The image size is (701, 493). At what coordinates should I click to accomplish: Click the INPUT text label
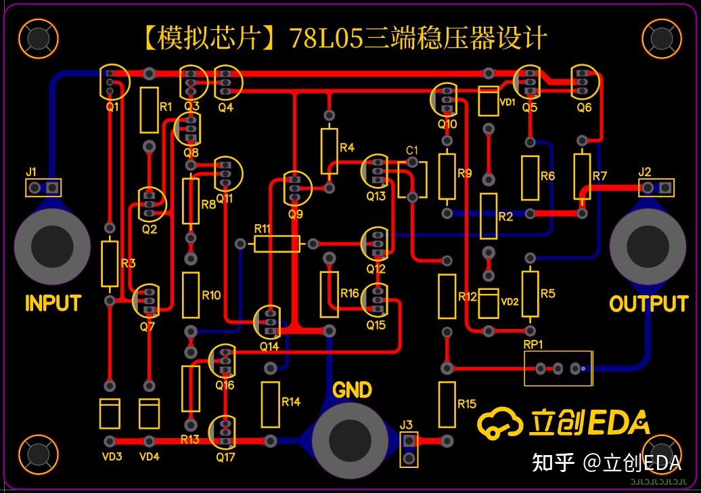coord(53,303)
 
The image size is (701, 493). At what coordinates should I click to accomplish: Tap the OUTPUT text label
coord(648,304)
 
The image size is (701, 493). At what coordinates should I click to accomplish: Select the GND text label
coord(353,390)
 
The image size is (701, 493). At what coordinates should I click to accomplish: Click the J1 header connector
coord(43,188)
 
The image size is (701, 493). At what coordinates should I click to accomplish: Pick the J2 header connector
coord(656,187)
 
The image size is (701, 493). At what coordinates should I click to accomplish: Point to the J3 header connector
coord(408,449)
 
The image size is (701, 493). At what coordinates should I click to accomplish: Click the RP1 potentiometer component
coord(558,368)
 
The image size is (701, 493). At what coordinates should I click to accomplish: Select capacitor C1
coord(413,179)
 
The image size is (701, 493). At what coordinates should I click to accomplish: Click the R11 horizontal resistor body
coord(277,244)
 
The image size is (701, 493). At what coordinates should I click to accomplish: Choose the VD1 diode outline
coord(488,101)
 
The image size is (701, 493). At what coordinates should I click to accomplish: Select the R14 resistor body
coord(270,404)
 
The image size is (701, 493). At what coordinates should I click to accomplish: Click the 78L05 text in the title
coord(327,38)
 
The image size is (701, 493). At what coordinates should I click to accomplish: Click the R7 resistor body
coord(581,175)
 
